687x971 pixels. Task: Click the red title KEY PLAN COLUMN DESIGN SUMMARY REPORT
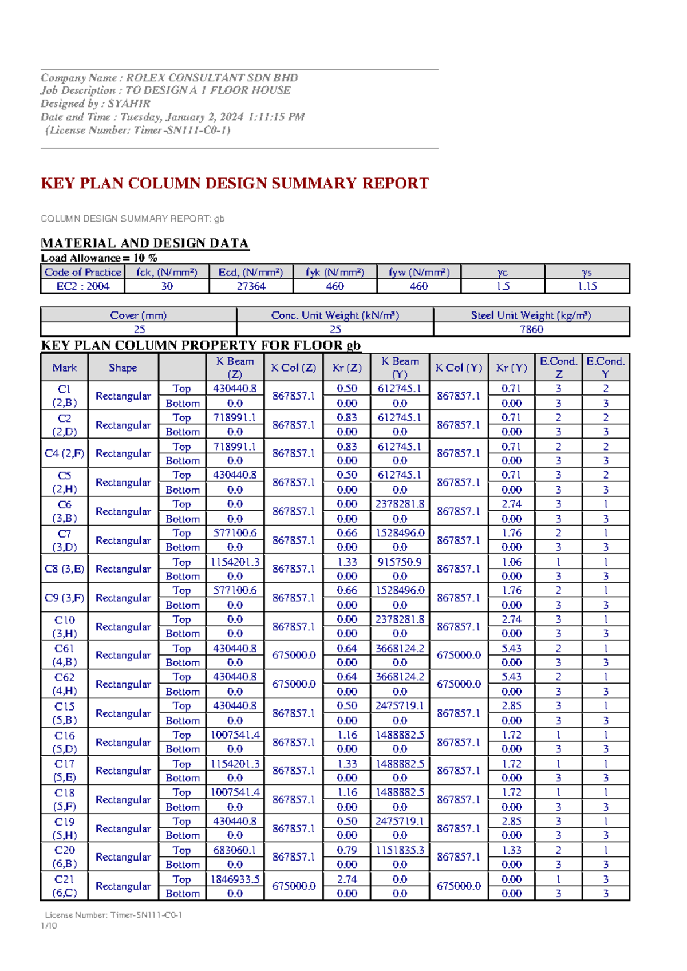[235, 183]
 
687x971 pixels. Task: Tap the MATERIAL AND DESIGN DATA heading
[145, 243]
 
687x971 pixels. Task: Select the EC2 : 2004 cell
[82, 286]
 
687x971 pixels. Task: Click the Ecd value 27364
[251, 286]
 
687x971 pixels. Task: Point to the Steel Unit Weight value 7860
[531, 329]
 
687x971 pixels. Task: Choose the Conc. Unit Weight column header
[335, 315]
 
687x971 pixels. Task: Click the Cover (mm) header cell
[138, 315]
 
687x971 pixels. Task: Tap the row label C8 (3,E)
[64, 569]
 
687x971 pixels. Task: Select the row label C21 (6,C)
[64, 886]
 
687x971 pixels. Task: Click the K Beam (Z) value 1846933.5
[235, 879]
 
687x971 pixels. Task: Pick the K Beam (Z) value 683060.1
[235, 850]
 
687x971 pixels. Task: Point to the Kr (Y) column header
[511, 368]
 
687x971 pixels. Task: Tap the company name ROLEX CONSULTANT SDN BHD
[212, 77]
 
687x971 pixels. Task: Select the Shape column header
[123, 368]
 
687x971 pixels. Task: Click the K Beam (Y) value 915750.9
[400, 562]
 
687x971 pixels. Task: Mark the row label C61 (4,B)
[64, 655]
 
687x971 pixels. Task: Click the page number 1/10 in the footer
[49, 926]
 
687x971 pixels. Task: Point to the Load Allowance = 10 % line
[99, 258]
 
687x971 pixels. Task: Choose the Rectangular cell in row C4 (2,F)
[123, 453]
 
